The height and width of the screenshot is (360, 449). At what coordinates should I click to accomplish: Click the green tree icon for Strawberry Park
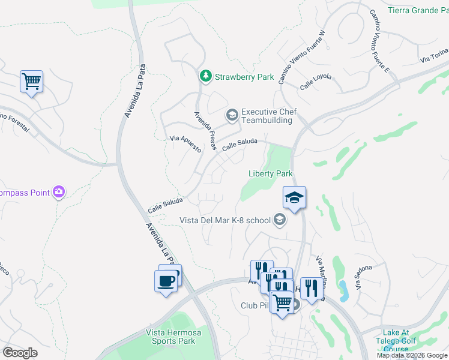coord(206,76)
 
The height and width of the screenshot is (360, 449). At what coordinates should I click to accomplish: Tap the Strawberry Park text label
coord(245,77)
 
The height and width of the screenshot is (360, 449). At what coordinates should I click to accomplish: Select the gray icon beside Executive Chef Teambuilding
coord(231,114)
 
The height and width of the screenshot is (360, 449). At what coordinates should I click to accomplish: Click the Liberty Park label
coord(271,174)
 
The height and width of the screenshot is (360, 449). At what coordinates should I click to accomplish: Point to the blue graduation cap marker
coord(294,197)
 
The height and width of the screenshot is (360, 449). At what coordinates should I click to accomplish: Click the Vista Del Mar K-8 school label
coord(225,220)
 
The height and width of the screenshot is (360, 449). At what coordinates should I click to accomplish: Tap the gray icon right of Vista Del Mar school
coord(279,220)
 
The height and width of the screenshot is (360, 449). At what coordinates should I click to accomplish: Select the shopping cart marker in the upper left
coord(31,80)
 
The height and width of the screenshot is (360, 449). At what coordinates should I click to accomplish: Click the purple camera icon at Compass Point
coord(59,192)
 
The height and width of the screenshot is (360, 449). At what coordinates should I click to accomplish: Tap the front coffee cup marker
coord(166,280)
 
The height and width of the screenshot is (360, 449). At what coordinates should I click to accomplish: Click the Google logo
coord(20,352)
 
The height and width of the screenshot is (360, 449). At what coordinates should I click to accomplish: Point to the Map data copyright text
coord(412,355)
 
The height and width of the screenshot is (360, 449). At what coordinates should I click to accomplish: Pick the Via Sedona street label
coord(364,278)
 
